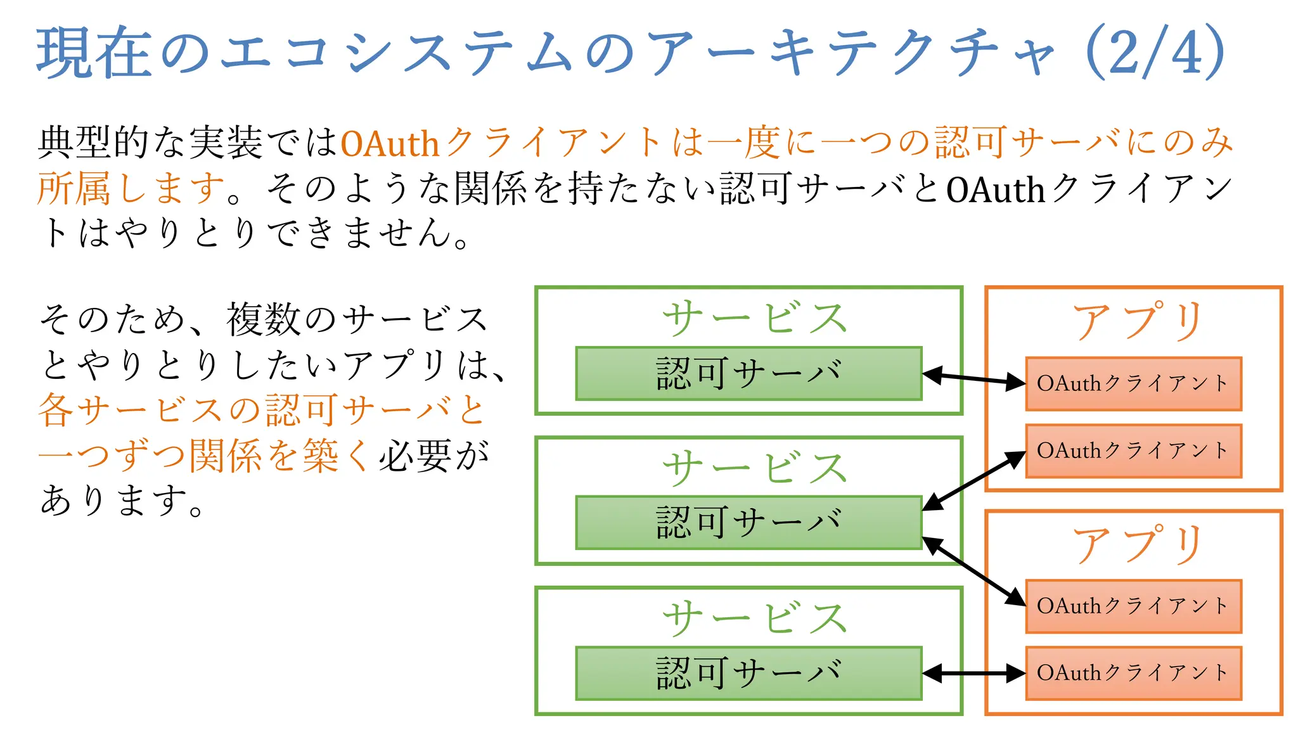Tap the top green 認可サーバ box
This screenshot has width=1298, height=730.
[x=749, y=374]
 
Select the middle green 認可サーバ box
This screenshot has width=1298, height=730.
[x=749, y=523]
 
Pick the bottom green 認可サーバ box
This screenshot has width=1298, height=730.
[x=749, y=673]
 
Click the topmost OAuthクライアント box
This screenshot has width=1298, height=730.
[x=1133, y=384]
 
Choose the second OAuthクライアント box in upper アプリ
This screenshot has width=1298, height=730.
[x=1133, y=451]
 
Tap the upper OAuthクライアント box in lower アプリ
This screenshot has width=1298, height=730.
[x=1133, y=606]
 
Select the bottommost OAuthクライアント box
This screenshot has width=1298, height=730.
[x=1133, y=673]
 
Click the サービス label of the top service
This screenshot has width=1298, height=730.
[x=754, y=318]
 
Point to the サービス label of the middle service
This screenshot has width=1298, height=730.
[x=754, y=468]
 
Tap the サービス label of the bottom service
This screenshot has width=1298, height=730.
[x=754, y=618]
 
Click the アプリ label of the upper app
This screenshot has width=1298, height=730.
[x=1138, y=321]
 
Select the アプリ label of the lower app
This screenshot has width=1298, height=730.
[x=1138, y=544]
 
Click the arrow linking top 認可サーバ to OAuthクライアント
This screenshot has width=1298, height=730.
[x=974, y=378]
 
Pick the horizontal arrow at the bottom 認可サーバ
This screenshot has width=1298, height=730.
[x=974, y=674]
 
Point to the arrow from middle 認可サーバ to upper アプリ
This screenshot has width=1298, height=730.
[x=974, y=480]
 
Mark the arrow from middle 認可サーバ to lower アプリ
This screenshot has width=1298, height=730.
[x=974, y=572]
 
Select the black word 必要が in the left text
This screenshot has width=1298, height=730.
[x=434, y=456]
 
